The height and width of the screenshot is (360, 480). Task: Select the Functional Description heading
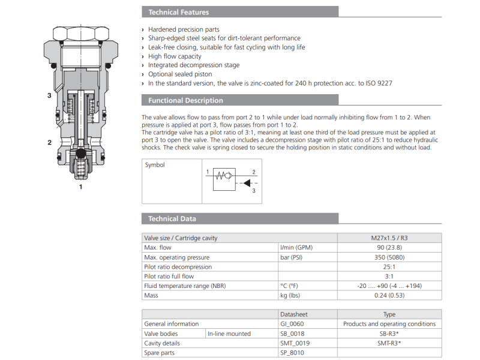(185, 100)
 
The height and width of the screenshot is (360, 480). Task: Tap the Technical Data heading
(172, 218)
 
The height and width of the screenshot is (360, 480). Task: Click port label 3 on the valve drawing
(49, 95)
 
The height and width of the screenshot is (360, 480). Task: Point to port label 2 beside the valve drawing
(49, 142)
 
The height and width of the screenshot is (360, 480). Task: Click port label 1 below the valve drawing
(81, 187)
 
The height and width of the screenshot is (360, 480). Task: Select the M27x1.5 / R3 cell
(389, 238)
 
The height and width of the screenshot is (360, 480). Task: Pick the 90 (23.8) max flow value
(389, 247)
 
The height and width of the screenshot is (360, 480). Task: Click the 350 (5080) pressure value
(389, 257)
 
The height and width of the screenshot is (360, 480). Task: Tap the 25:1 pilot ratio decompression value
(389, 266)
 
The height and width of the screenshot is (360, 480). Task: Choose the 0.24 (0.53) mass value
(389, 295)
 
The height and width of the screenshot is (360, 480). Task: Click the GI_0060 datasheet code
(292, 323)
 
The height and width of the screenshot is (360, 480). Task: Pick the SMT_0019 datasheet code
(295, 343)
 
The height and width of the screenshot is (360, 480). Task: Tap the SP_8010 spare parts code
(292, 352)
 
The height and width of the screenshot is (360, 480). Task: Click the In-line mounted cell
(229, 333)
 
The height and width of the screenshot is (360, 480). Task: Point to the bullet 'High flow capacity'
(175, 56)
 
